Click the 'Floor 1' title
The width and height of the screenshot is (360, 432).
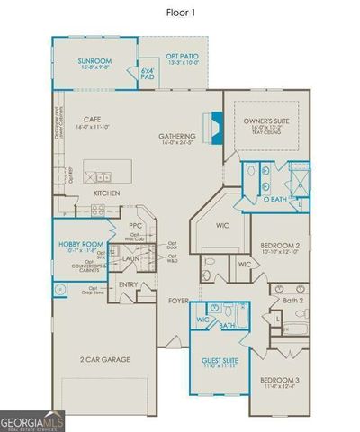[x=181, y=12]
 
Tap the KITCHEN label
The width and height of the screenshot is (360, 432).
[x=107, y=193]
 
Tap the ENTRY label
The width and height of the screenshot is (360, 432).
[x=129, y=285]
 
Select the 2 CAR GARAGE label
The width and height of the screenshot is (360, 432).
[x=104, y=359]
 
